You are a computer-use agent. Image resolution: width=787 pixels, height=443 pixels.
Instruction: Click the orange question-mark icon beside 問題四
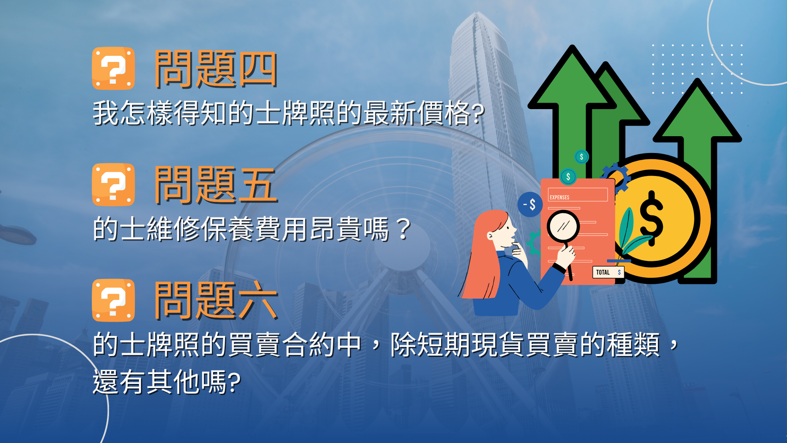(x=113, y=69)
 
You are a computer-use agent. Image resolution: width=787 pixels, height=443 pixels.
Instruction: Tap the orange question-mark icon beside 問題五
(x=113, y=185)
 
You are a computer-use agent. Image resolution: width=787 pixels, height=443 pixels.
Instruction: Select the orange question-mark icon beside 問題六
(x=113, y=300)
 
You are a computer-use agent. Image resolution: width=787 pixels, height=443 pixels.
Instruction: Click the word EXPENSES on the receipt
(x=560, y=197)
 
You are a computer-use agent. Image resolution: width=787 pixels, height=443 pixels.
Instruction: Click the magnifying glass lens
(x=563, y=226)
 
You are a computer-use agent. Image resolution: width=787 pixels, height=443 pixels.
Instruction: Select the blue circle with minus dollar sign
(x=530, y=204)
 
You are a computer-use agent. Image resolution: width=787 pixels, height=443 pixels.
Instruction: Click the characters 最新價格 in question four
(x=417, y=113)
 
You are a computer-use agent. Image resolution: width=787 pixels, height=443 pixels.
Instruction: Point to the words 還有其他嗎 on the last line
(x=160, y=382)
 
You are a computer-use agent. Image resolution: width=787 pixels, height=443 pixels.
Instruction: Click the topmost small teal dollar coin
(x=582, y=157)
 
